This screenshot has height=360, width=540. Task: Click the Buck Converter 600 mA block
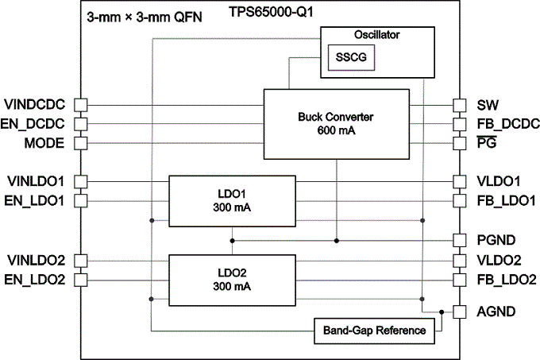(x=336, y=124)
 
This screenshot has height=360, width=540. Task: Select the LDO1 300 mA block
(x=232, y=200)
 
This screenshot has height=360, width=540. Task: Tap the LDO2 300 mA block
(x=232, y=280)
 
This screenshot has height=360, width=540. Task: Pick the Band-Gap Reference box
(x=375, y=329)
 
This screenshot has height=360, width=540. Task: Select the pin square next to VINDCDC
(x=81, y=105)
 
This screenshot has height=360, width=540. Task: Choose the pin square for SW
(x=459, y=105)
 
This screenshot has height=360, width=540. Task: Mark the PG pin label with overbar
(x=487, y=143)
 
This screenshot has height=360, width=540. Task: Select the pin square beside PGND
(x=459, y=239)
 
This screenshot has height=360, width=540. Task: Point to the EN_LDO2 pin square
(x=81, y=279)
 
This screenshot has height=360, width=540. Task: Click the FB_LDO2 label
(x=506, y=279)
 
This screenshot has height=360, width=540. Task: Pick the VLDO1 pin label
(x=498, y=180)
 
